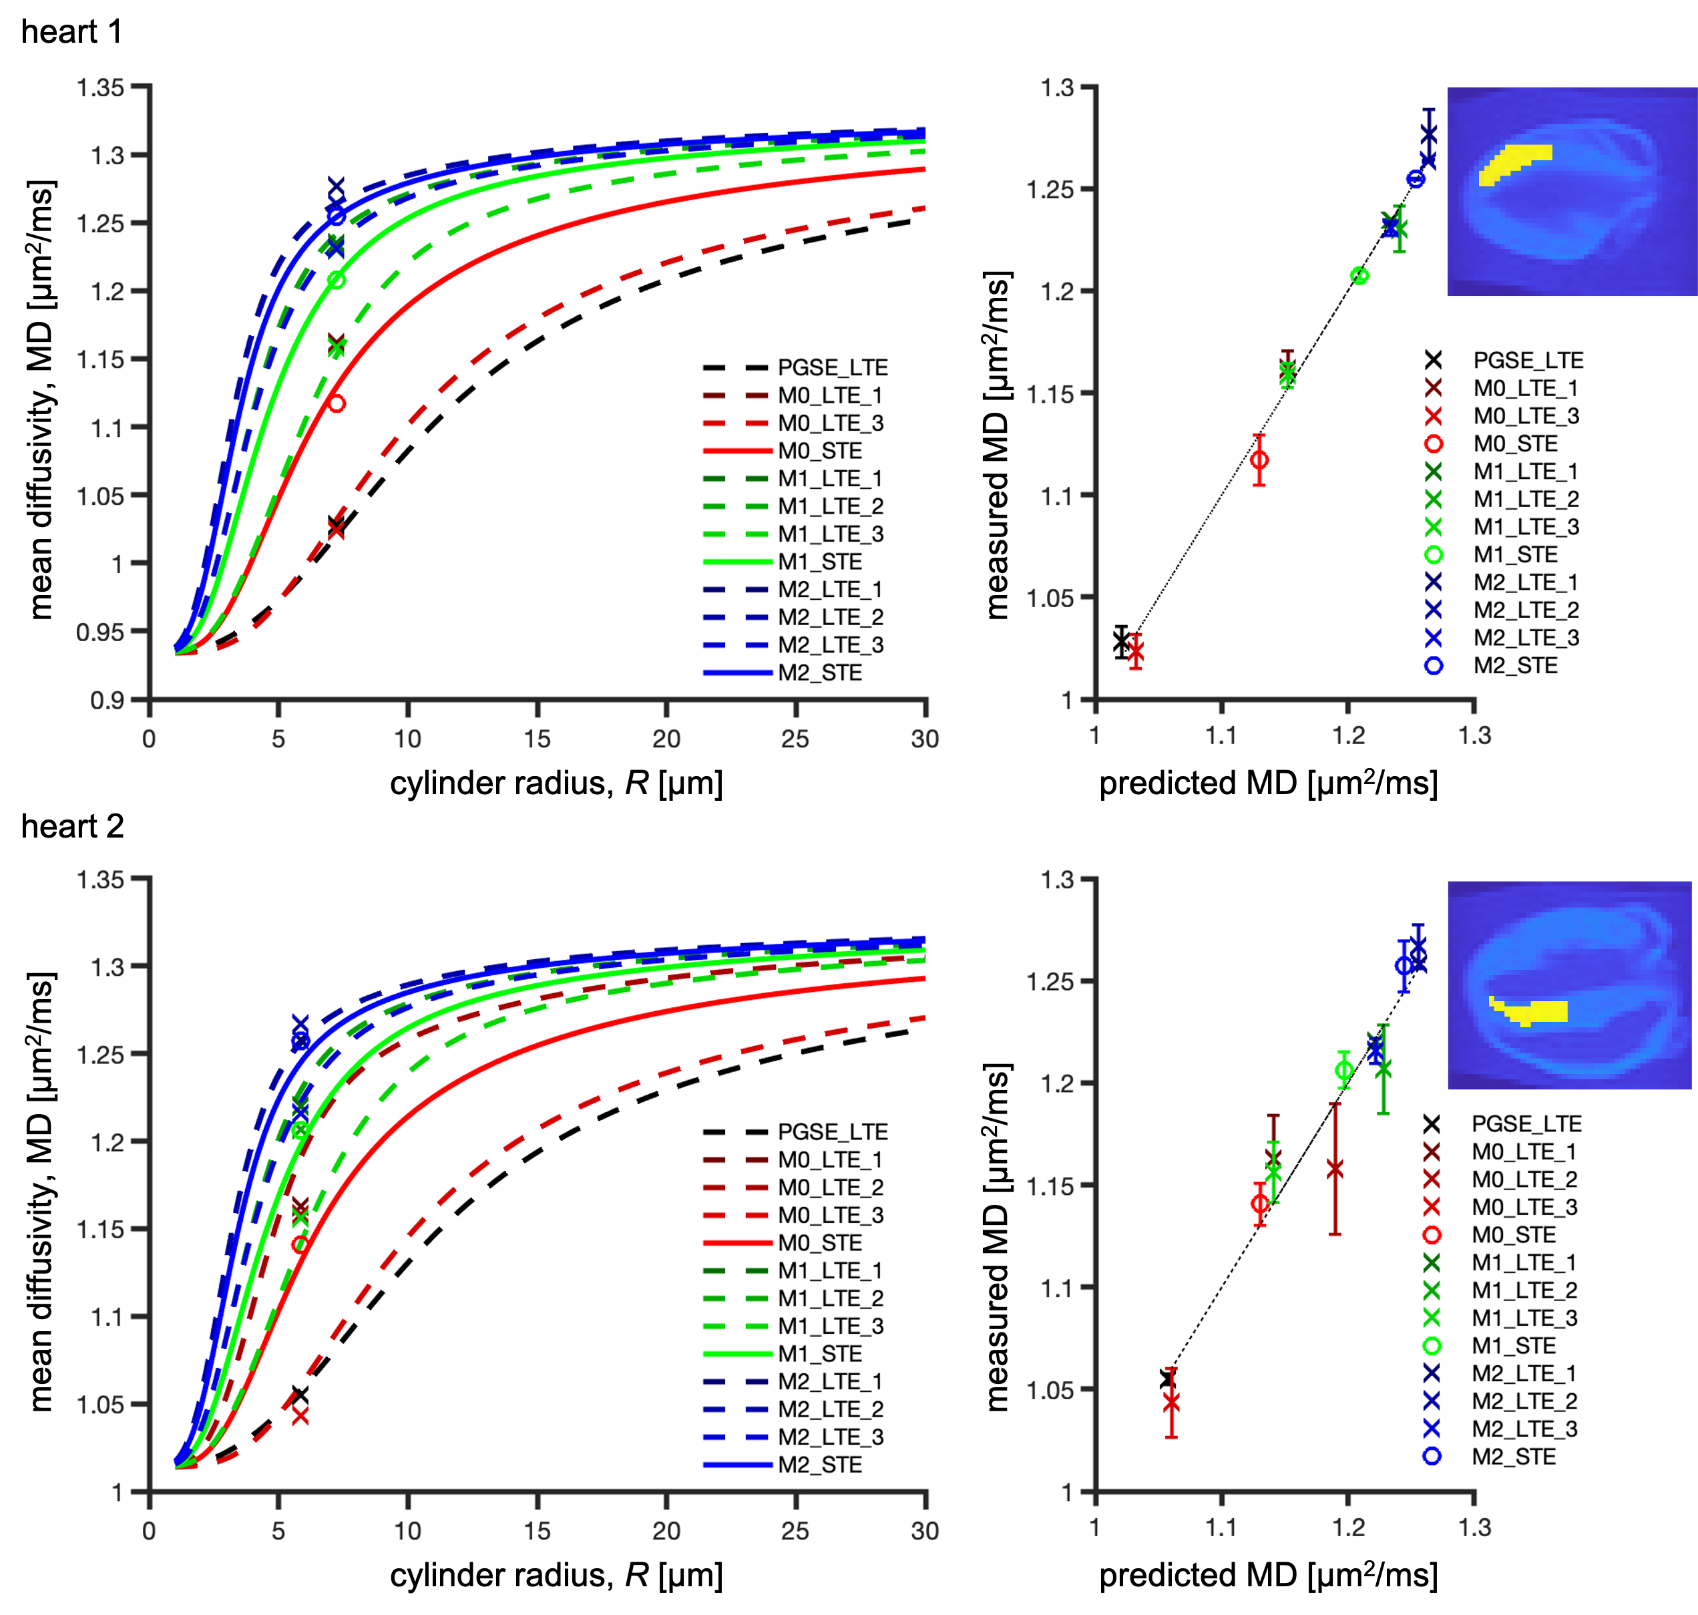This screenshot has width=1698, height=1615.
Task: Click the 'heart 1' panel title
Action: click(71, 33)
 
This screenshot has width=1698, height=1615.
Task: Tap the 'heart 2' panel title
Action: click(72, 826)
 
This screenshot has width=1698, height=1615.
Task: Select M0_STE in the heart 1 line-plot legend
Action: click(819, 451)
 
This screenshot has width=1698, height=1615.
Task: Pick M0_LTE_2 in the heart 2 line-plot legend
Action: click(831, 1187)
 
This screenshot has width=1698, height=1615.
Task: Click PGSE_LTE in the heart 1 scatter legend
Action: click(1528, 361)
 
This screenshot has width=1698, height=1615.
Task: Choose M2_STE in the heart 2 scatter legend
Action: click(1514, 1457)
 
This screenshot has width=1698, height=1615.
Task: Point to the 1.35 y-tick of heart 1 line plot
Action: click(101, 87)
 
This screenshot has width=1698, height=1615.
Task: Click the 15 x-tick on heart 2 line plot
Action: click(537, 1532)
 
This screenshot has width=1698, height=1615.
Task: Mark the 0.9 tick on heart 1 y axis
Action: click(107, 701)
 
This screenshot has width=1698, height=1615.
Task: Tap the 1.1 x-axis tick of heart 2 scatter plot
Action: click(1221, 1528)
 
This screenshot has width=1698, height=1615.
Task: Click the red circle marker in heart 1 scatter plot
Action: click(1259, 460)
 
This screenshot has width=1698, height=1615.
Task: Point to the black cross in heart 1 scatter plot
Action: click(1120, 641)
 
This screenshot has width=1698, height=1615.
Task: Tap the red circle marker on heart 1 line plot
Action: click(337, 403)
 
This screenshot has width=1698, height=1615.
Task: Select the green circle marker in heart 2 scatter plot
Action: click(1343, 1071)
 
